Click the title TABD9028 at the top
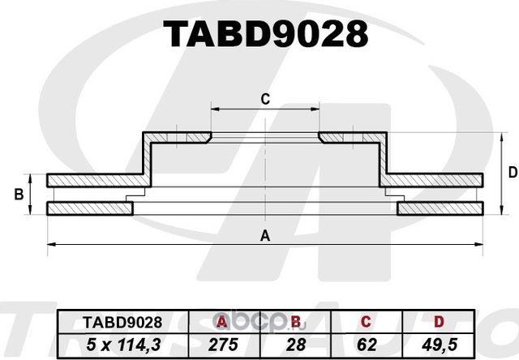click(266, 33)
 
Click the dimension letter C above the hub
click(264, 100)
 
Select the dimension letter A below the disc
click(264, 236)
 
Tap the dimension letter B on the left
click(18, 195)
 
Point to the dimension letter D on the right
click(512, 172)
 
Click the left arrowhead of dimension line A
click(50, 243)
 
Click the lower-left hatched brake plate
click(89, 209)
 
